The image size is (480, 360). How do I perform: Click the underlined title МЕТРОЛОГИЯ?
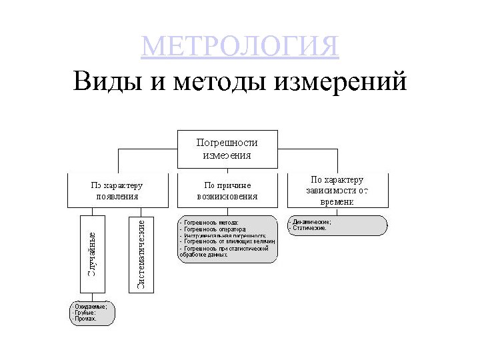240,47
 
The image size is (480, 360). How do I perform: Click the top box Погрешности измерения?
227,148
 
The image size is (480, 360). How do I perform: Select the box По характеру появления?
117,190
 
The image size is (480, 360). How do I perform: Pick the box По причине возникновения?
227,190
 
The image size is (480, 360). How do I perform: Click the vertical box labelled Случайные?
93,253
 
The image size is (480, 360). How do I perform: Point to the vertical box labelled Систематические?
141,253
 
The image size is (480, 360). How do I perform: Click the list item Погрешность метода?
210,222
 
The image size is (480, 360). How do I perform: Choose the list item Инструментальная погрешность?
223,235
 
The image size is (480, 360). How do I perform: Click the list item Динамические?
311,221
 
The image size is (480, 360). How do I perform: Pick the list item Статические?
309,228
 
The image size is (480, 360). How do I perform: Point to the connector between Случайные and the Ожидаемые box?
93,297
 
